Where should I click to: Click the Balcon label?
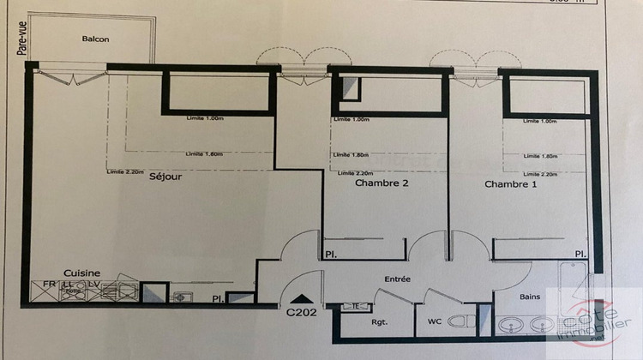click(x=95, y=39)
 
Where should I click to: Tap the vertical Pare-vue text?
click(x=21, y=39)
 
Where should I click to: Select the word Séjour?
click(x=166, y=177)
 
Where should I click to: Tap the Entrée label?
click(x=398, y=279)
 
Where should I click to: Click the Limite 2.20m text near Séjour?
click(x=124, y=172)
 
